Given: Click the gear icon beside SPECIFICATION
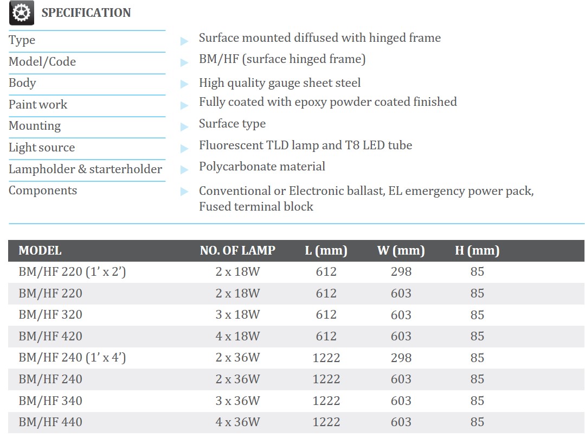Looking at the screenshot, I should coord(22,13).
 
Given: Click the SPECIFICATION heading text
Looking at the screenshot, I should coord(86,13).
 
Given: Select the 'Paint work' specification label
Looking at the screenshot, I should coord(38,105).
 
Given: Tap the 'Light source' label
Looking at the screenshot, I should coord(42,148).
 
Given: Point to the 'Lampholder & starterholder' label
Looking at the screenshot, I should coord(85,169).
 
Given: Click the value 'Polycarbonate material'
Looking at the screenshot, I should coord(262,167).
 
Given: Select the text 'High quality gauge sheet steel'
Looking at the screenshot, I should coord(279,83).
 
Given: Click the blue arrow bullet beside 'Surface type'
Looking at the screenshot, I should coord(184,126).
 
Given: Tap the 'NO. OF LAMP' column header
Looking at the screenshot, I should coord(237,251).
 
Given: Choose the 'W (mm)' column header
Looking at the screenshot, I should coord(401,251).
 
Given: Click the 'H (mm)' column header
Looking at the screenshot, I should coord(477,251).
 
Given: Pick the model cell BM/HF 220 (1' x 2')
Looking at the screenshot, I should coord(72,271).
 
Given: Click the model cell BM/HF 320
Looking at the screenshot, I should coord(50,315).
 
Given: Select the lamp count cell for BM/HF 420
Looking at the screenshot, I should coord(237,337).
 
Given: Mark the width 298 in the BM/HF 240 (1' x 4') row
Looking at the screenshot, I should coord(401,358).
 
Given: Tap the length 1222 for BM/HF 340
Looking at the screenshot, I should coord(326,401).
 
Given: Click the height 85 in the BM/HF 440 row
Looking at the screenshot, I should coord(477,422).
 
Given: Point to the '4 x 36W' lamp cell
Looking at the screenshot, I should coord(237,422).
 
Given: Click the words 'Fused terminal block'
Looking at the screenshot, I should coord(256,207).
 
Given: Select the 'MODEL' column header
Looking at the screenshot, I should coord(40,251).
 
